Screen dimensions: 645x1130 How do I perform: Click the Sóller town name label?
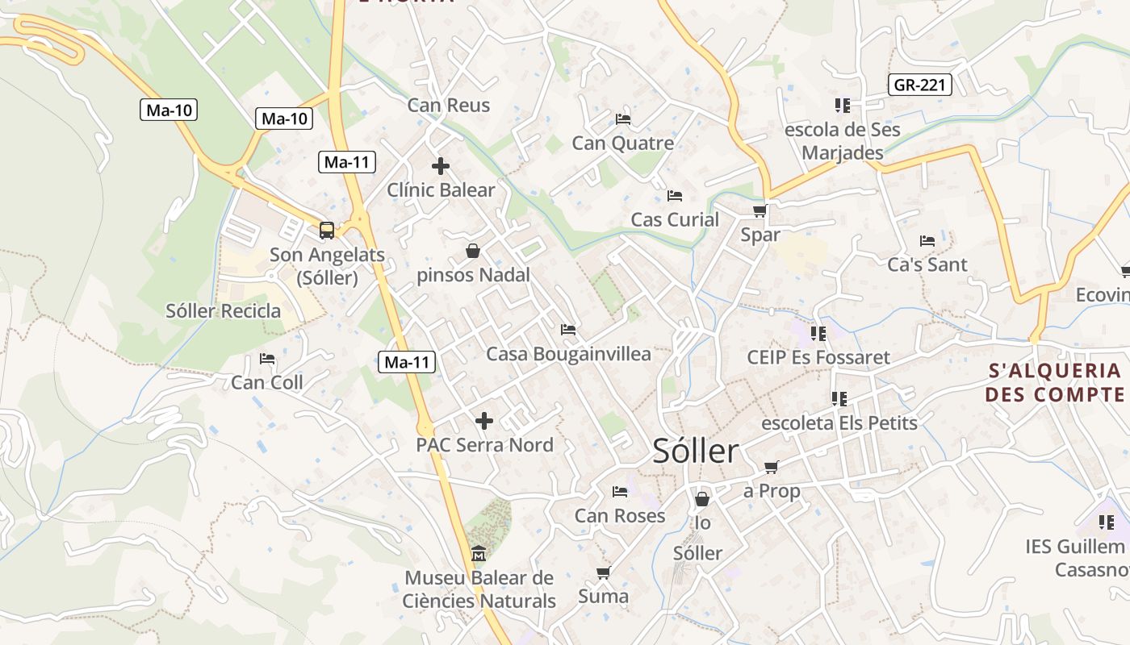pos(695,451)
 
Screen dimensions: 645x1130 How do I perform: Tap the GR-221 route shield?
pos(920,85)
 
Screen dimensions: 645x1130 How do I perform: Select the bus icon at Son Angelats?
pos(326,231)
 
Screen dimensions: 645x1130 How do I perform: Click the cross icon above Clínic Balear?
pos(440,167)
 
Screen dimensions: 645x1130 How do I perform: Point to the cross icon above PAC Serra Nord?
pos(484,421)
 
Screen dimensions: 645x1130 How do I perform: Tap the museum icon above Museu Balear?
pos(479,554)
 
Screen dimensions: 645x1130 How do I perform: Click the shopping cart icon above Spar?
pos(760,211)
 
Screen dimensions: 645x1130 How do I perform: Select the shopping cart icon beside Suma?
pos(603,573)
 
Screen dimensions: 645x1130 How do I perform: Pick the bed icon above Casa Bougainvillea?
pos(568,330)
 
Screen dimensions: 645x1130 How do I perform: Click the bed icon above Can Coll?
pos(267,359)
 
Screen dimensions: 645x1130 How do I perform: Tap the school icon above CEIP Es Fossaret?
pos(818,333)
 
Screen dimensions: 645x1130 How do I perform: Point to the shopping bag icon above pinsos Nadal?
pos(473,252)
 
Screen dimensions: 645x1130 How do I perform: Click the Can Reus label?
pos(448,105)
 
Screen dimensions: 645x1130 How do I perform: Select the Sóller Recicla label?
pos(224,311)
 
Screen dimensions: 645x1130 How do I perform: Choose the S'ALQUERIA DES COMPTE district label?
pos(1055,382)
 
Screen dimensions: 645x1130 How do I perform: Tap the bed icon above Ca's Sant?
pos(927,240)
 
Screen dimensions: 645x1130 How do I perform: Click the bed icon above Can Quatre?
pos(622,119)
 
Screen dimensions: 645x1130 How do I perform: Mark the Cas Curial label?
pos(674,219)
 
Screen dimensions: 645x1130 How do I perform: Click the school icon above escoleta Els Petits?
pos(839,399)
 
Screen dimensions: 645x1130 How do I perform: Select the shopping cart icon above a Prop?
pos(772,468)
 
